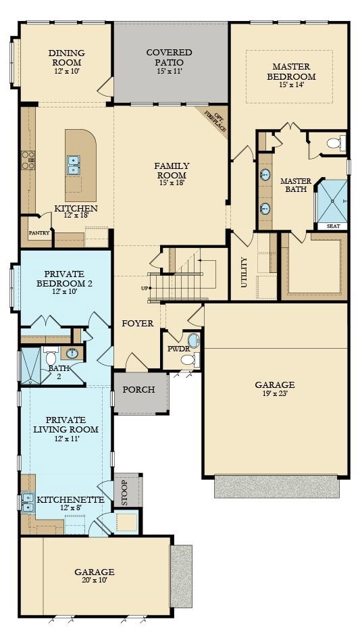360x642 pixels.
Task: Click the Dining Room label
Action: click(x=65, y=57)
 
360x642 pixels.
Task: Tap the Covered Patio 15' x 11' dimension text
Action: click(x=169, y=72)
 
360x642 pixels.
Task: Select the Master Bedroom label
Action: click(x=290, y=72)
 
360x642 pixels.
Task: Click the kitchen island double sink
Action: click(x=73, y=164)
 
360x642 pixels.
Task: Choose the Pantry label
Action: click(x=38, y=232)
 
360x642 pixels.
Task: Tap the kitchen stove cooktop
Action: click(x=28, y=160)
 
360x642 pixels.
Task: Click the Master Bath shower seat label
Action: click(x=333, y=226)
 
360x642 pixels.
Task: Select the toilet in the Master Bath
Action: click(x=335, y=143)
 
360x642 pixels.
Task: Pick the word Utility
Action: click(x=244, y=272)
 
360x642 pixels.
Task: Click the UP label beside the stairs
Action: click(x=144, y=289)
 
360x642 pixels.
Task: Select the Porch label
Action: click(x=138, y=390)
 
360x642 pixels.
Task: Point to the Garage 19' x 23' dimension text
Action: click(x=274, y=394)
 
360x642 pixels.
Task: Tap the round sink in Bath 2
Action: click(x=72, y=353)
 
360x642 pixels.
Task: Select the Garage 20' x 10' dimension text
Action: click(x=94, y=580)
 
